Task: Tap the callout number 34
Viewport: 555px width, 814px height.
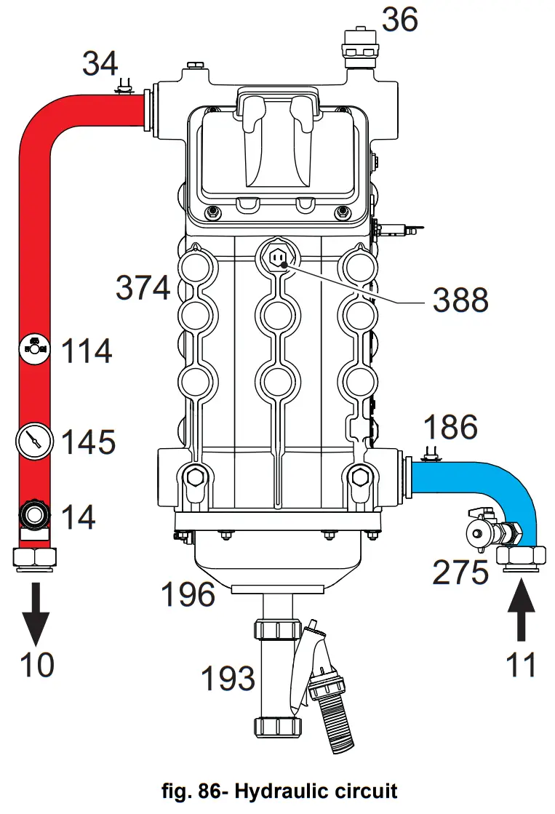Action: point(100,63)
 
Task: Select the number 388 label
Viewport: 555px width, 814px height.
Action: point(460,299)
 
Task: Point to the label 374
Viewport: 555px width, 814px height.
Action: point(143,289)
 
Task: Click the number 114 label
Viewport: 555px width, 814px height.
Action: point(87,351)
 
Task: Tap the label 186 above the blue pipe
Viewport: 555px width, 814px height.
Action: point(450,428)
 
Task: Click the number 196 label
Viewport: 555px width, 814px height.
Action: point(188,595)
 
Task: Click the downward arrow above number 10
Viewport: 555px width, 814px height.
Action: point(34,610)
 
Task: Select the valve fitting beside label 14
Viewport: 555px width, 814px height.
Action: point(34,514)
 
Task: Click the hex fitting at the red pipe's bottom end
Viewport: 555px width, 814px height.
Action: point(34,558)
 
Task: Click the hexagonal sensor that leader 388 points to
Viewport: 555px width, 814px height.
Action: point(278,257)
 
